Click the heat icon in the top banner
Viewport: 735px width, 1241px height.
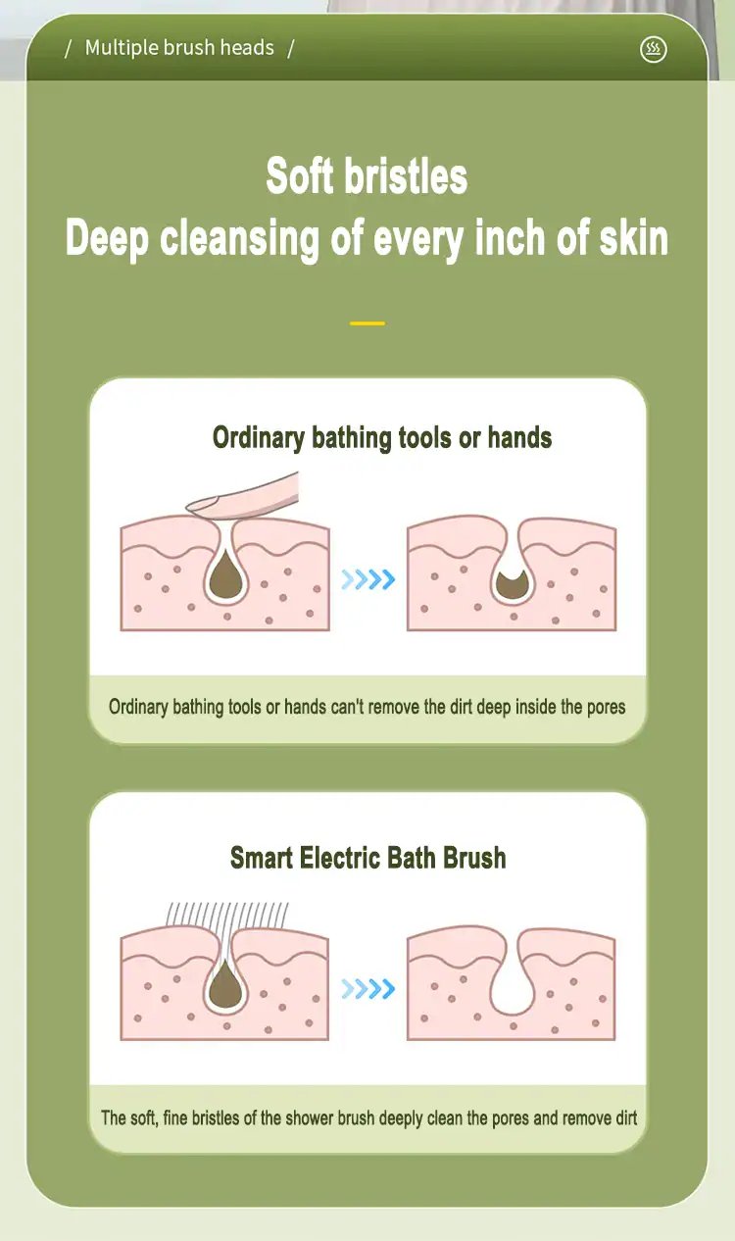pyautogui.click(x=654, y=49)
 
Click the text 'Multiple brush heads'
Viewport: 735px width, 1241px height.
pyautogui.click(x=179, y=48)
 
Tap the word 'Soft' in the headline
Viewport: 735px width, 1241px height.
pyautogui.click(x=299, y=175)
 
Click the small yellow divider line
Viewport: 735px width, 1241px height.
pyautogui.click(x=367, y=323)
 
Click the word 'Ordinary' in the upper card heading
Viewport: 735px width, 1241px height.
pyautogui.click(x=259, y=438)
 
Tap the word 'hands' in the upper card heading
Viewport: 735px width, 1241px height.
pyautogui.click(x=519, y=437)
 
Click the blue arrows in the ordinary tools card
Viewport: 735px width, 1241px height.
pyautogui.click(x=367, y=579)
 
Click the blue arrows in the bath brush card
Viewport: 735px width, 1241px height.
pyautogui.click(x=367, y=988)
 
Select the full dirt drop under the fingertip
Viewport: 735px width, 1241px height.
pyautogui.click(x=226, y=579)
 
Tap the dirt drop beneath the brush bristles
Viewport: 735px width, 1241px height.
pyautogui.click(x=225, y=985)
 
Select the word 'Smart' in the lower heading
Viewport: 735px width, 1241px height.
pyautogui.click(x=262, y=858)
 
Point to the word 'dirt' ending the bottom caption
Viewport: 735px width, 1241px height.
pyautogui.click(x=626, y=1117)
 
